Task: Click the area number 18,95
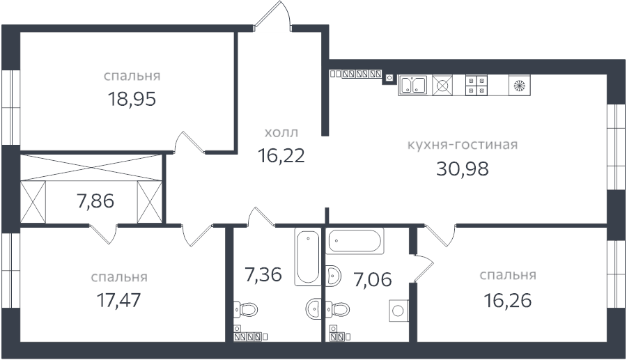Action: coord(132,98)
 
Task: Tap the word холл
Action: coord(281,132)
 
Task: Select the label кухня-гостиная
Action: coord(462,145)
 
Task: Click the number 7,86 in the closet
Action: coord(95,201)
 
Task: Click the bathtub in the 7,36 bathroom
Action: coord(307,256)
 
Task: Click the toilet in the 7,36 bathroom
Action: coord(245,308)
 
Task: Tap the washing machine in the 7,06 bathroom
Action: coord(399,311)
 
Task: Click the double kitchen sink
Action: coord(412,86)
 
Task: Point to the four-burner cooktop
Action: coord(477,86)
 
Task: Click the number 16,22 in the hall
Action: coord(281,155)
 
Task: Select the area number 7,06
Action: coord(372,280)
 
